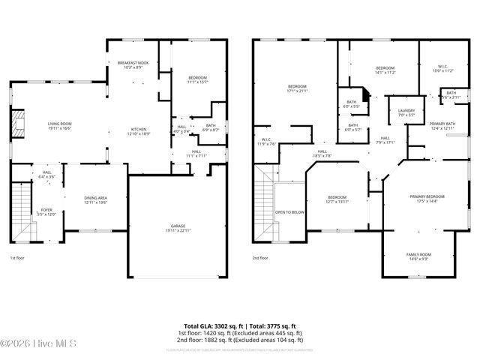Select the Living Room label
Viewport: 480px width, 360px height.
coord(60,126)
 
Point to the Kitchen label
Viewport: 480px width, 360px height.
coord(139,130)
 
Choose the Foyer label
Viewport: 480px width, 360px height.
coord(46,211)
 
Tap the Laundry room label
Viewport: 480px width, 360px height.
coord(396,112)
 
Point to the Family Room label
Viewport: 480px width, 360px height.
coord(419,256)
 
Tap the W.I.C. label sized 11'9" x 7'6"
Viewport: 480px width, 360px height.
coord(266,141)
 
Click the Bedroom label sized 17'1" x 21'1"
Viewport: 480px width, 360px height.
coord(297,88)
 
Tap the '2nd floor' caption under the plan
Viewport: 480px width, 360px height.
coord(260,257)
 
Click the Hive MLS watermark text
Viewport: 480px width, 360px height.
coord(25,344)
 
